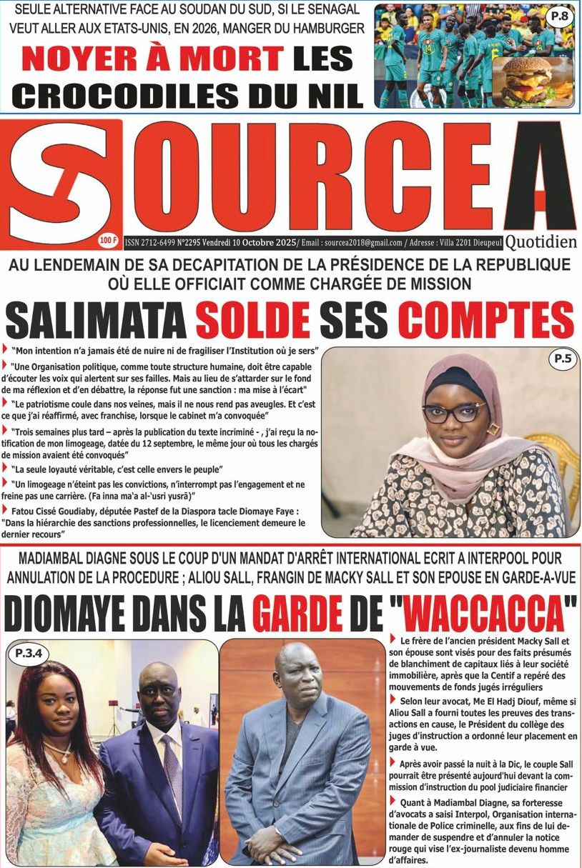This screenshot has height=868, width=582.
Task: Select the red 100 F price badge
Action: [109, 241]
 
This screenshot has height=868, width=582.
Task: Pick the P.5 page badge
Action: [561, 360]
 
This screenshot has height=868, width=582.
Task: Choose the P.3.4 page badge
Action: [33, 652]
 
